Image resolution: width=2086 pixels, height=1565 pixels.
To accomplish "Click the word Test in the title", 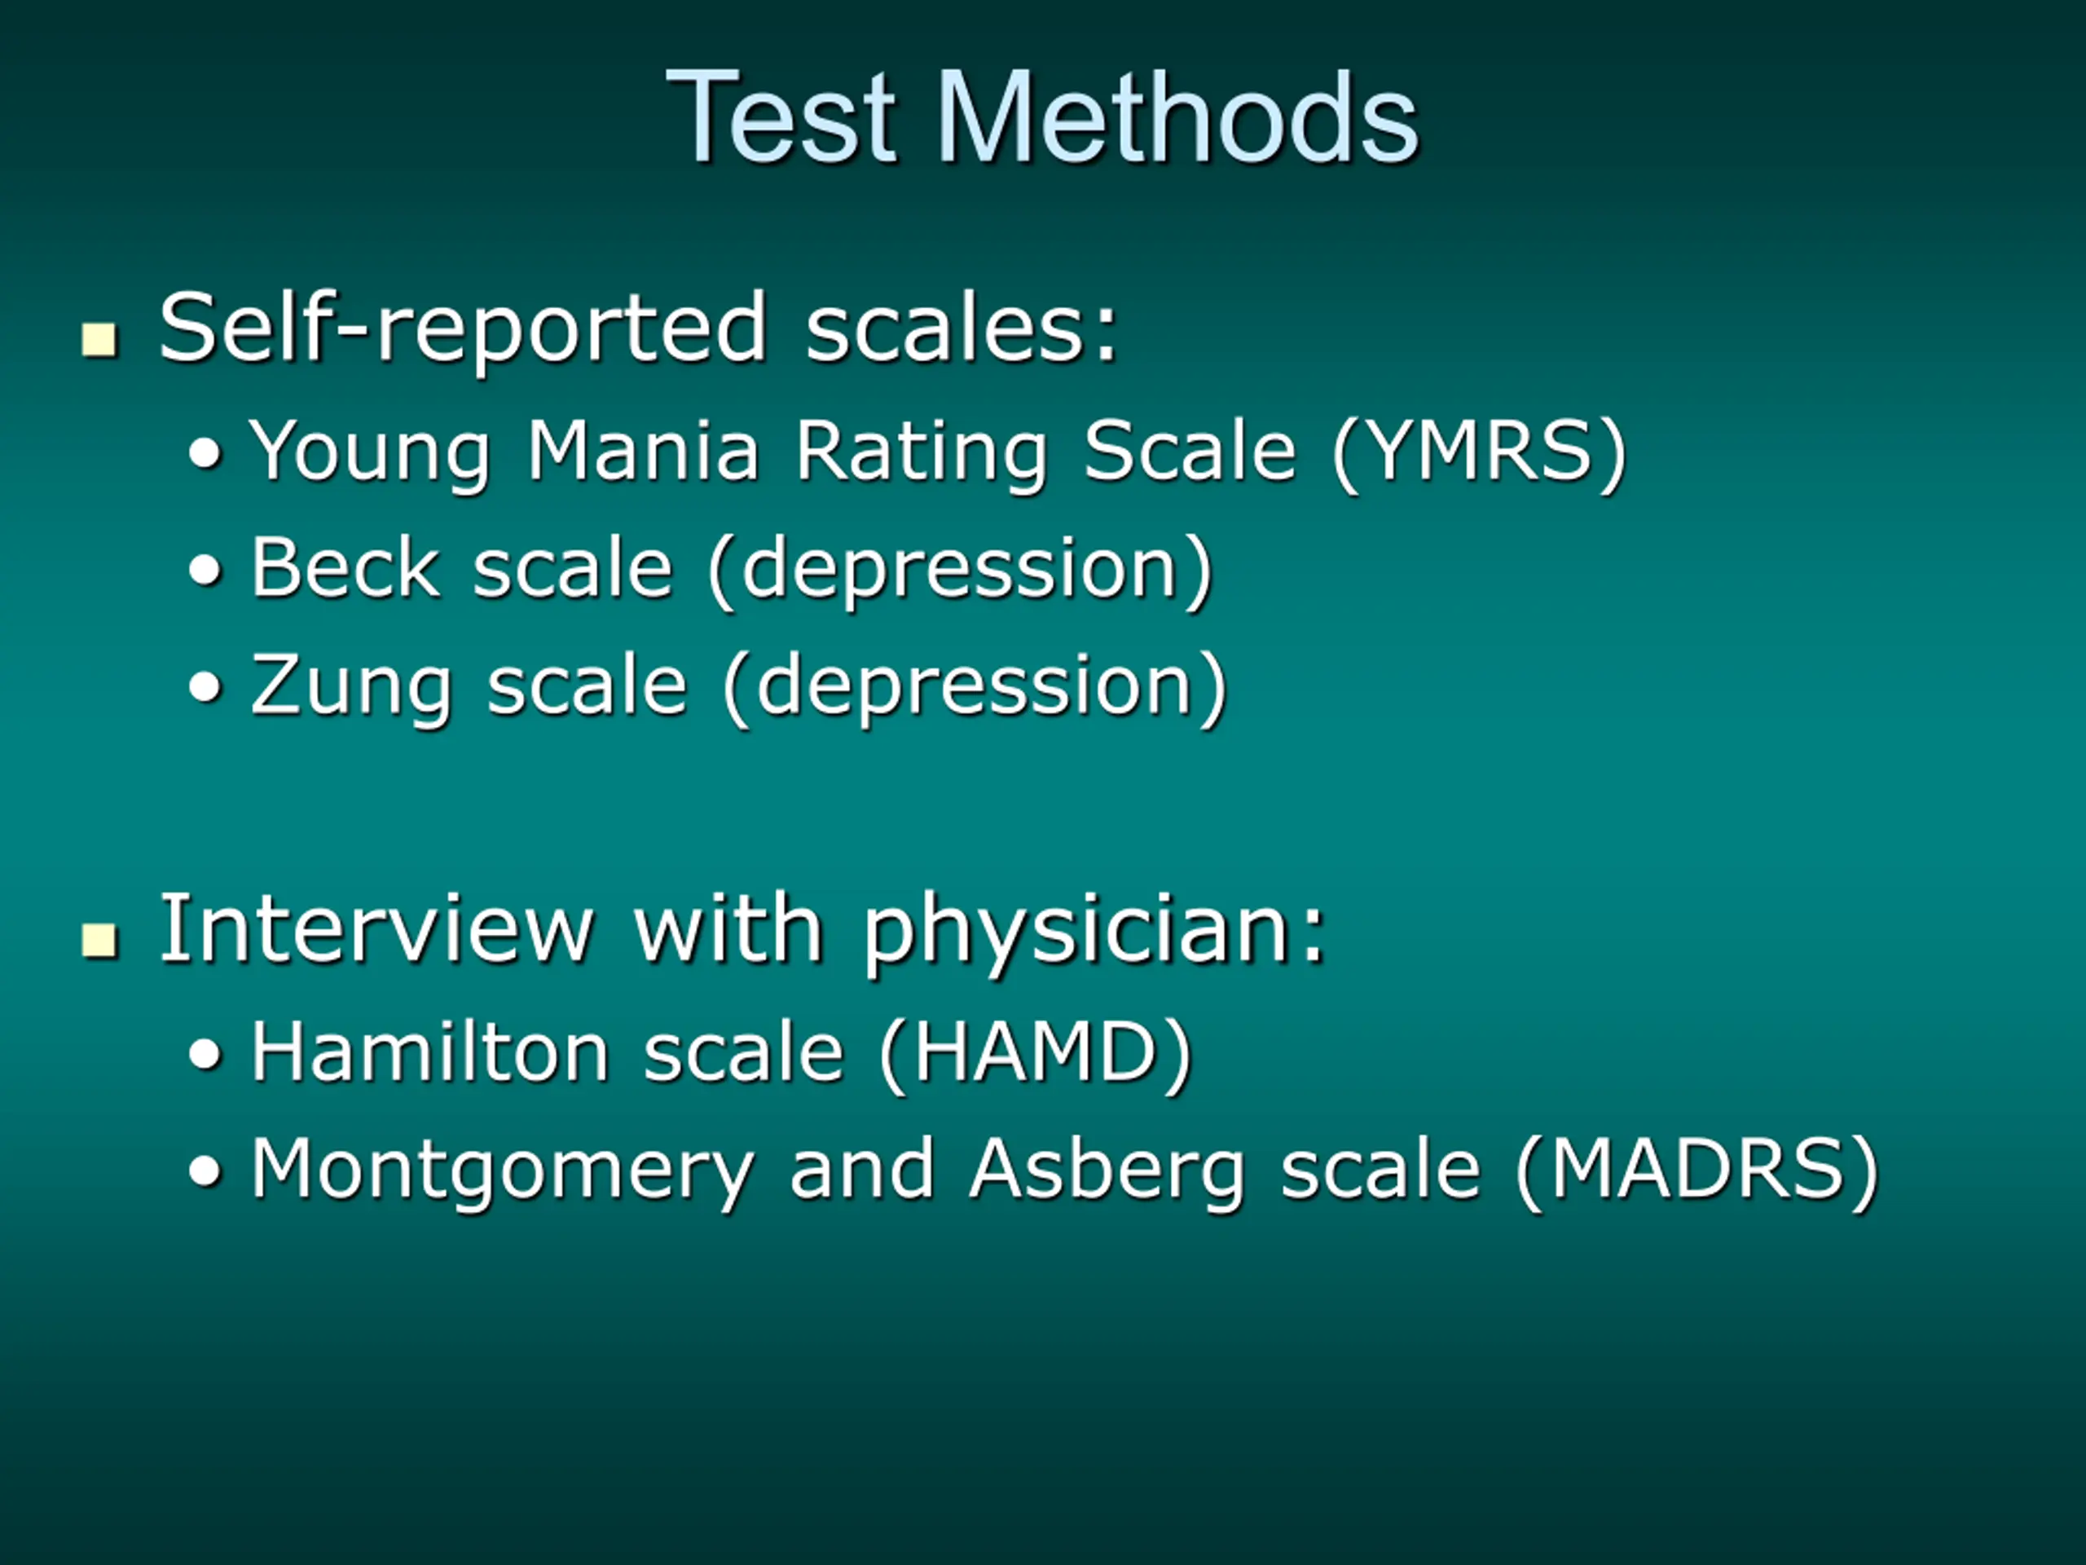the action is point(781,117).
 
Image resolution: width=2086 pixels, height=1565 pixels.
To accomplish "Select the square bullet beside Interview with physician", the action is point(99,941).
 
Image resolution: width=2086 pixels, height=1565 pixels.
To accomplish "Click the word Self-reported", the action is point(463,328).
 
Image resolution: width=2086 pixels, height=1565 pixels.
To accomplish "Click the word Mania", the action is point(643,450).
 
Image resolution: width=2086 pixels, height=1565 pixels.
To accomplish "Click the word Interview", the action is point(376,928).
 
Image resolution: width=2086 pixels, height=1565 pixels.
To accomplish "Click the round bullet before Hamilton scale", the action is point(205,1055).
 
